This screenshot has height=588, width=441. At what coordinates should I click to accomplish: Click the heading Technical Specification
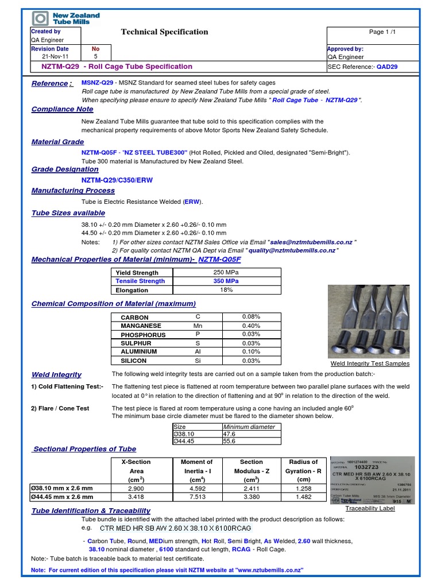[164, 32]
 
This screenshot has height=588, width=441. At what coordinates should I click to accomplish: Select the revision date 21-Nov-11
[55, 57]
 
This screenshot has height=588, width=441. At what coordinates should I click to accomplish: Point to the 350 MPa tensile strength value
[226, 281]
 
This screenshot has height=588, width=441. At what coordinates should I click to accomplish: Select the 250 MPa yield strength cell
[226, 272]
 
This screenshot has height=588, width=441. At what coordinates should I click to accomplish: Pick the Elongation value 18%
[226, 290]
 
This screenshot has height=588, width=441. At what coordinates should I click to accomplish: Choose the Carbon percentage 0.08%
[251, 317]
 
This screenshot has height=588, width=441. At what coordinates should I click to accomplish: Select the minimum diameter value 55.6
[230, 442]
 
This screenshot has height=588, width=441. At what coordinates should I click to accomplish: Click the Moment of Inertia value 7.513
[197, 497]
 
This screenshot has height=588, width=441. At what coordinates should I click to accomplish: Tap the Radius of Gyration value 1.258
[303, 488]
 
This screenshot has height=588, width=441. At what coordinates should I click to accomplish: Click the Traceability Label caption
[370, 509]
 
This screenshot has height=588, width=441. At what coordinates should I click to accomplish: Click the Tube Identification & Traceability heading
[91, 510]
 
